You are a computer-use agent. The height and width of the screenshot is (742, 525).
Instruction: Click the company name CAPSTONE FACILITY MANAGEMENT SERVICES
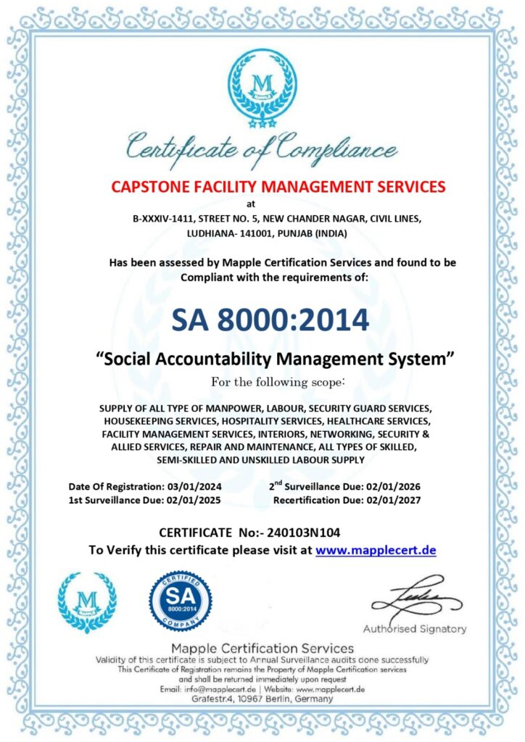pyautogui.click(x=278, y=186)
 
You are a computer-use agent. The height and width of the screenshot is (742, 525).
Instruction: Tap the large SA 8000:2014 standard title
pyautogui.click(x=270, y=319)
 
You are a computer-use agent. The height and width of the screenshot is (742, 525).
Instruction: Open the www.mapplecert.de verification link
pyautogui.click(x=376, y=550)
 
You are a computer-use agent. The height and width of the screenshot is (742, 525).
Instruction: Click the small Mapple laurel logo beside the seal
pyautogui.click(x=87, y=602)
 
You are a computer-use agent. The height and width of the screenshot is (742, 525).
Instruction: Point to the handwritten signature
pyautogui.click(x=416, y=599)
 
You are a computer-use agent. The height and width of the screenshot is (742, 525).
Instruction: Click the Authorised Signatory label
pyautogui.click(x=415, y=629)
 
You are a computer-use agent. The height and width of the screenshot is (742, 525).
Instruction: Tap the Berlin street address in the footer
pyautogui.click(x=262, y=699)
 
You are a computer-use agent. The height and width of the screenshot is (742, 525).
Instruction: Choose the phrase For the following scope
pyautogui.click(x=278, y=381)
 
